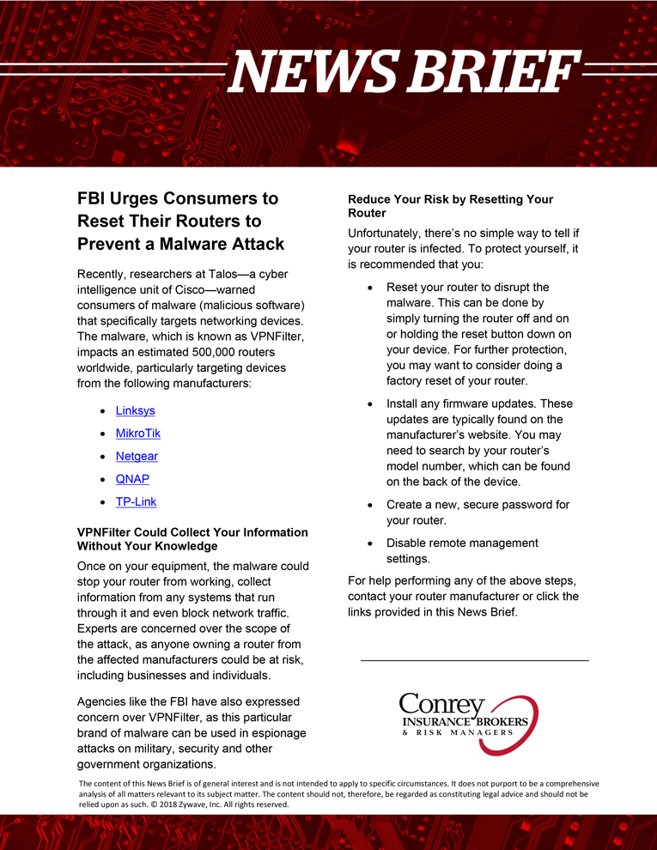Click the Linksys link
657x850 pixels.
coord(135,410)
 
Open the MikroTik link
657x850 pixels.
coord(137,434)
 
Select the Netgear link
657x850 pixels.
coord(137,456)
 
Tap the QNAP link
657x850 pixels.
coord(132,479)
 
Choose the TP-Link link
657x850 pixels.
coord(136,501)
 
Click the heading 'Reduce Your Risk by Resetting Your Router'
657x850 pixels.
coord(450,206)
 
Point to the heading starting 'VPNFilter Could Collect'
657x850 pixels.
coord(192,539)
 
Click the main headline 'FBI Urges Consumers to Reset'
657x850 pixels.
coord(180,221)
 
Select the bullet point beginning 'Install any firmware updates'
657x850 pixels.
coord(478,442)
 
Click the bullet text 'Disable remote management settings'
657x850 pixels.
coord(461,550)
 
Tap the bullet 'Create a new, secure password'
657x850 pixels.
coord(477,513)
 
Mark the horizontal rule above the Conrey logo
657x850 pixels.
coord(474,660)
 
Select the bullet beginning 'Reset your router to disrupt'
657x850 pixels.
coord(478,334)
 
